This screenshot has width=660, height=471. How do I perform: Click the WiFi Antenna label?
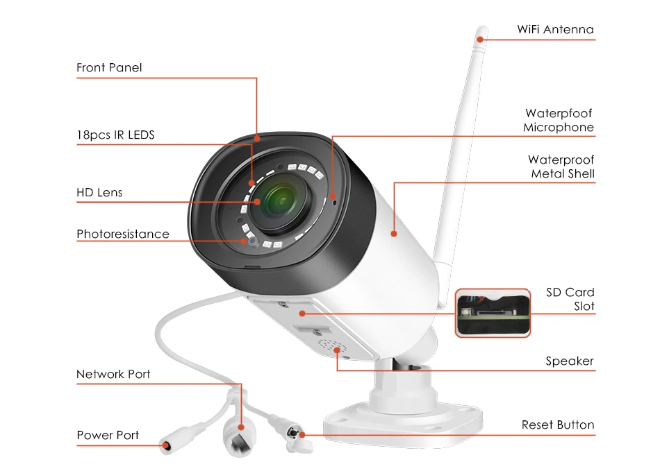tap(555, 29)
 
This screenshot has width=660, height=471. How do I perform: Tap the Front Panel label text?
tap(109, 67)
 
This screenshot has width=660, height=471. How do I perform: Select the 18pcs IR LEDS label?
tap(115, 135)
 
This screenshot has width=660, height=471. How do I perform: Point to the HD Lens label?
tap(99, 192)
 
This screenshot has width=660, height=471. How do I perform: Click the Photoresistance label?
tap(123, 234)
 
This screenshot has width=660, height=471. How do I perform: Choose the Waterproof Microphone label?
tap(559, 120)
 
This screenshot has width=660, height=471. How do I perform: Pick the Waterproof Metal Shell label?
tap(562, 166)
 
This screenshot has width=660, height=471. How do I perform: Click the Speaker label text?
tap(570, 361)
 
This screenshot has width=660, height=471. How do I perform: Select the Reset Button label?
tap(558, 425)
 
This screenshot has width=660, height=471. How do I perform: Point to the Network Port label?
tap(113, 374)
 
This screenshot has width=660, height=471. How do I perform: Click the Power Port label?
tap(108, 435)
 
